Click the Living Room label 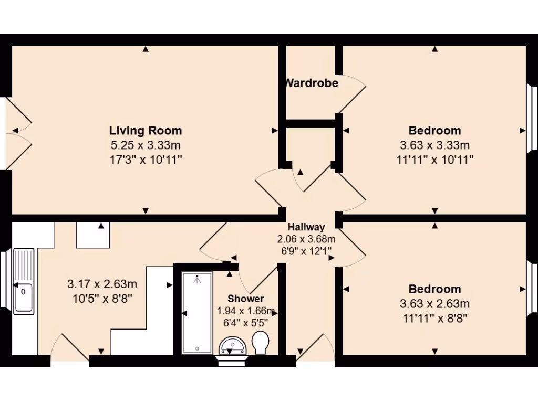tap(146, 130)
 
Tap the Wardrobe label tap(312, 83)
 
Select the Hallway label tap(306, 227)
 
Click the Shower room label tap(245, 299)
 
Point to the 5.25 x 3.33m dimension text tap(146, 145)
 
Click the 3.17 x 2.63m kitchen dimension tap(102, 284)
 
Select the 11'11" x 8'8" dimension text tap(435, 317)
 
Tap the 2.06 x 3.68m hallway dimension tap(306, 239)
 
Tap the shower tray tap(197, 313)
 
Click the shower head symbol tap(198, 279)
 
